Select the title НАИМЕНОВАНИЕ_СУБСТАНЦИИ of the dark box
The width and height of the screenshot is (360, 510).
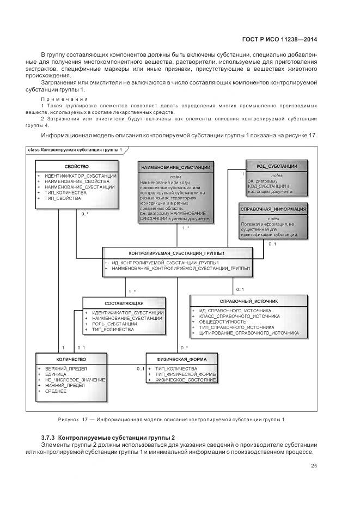[x=175, y=167]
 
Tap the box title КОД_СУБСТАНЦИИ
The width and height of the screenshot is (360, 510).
[x=276, y=165]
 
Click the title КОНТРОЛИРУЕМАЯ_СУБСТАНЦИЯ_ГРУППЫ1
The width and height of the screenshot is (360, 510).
[x=177, y=254]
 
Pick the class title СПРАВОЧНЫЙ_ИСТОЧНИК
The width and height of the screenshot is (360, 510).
[x=248, y=301]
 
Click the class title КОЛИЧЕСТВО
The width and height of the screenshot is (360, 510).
[x=71, y=360]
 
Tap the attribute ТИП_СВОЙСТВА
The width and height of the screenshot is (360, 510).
[x=63, y=198]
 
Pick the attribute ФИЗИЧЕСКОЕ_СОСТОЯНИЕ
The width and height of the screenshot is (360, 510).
[x=186, y=380]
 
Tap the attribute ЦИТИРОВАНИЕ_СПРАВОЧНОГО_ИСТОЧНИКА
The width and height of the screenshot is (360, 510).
[x=249, y=332]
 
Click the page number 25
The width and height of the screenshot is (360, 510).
[x=314, y=465]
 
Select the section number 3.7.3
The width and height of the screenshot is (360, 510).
[x=48, y=438]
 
